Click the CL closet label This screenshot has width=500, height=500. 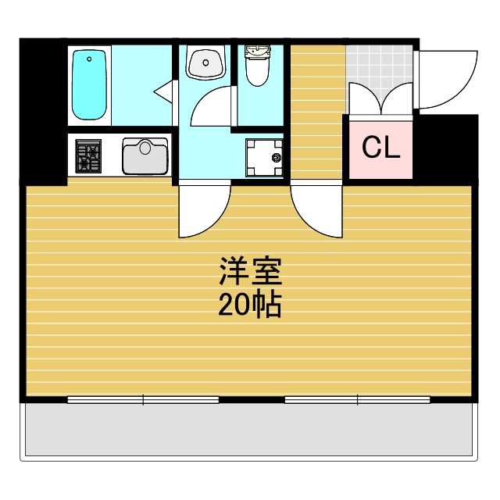(380, 148)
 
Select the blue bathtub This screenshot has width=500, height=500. (90, 84)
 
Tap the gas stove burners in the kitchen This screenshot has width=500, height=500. (88, 155)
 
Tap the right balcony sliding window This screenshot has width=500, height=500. (357, 400)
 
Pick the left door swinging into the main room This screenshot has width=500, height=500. (202, 208)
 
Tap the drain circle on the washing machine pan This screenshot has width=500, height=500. (276, 158)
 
